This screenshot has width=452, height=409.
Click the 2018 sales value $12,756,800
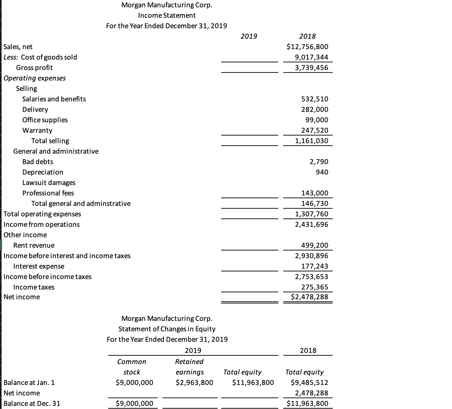pyautogui.click(x=307, y=47)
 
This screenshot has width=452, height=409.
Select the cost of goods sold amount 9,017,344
pyautogui.click(x=311, y=57)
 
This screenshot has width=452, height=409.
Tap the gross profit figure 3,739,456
pyautogui.click(x=311, y=68)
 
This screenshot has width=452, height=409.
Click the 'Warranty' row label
pyautogui.click(x=37, y=130)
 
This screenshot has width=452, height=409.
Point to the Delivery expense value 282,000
pyautogui.click(x=315, y=109)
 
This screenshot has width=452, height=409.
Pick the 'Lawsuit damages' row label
pyautogui.click(x=49, y=183)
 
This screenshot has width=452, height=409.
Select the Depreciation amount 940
pyautogui.click(x=322, y=172)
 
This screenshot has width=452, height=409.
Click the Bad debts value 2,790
pyautogui.click(x=319, y=162)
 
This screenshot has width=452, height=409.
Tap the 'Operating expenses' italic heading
pyautogui.click(x=35, y=78)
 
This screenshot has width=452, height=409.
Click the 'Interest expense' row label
pyautogui.click(x=39, y=266)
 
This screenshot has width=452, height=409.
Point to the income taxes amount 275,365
pyautogui.click(x=315, y=287)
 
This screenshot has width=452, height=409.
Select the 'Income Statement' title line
pyautogui.click(x=167, y=15)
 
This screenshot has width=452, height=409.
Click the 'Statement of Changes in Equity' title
pyautogui.click(x=167, y=329)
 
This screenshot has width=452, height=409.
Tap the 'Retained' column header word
pyautogui.click(x=189, y=362)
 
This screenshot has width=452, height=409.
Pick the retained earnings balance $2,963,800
pyautogui.click(x=194, y=383)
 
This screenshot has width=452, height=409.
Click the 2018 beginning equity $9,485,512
pyautogui.click(x=309, y=383)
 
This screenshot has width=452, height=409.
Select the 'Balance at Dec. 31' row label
pyautogui.click(x=32, y=403)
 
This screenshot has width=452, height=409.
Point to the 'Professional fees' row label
pyautogui.click(x=48, y=193)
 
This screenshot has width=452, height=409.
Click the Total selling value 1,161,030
pyautogui.click(x=311, y=141)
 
